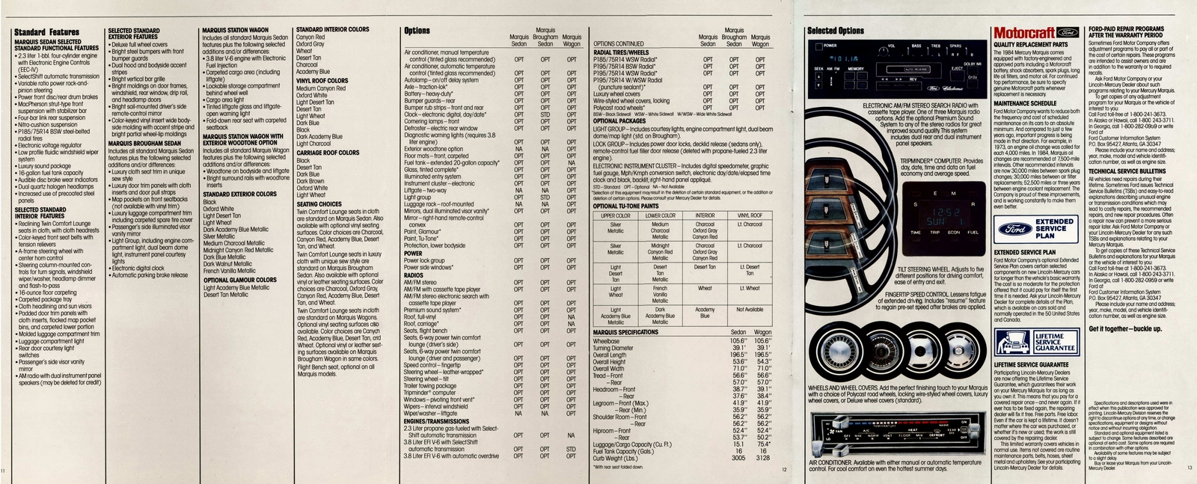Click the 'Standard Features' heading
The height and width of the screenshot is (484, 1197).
pos(46,32)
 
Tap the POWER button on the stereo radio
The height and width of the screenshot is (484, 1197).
pos(830,46)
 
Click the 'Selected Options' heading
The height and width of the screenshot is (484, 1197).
pos(836,31)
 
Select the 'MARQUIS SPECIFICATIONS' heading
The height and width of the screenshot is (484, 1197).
pos(625,332)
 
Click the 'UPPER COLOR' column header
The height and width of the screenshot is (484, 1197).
pos(616,215)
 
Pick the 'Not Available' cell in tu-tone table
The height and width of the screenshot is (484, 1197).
pos(750,309)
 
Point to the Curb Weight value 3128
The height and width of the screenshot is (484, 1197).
pos(762,458)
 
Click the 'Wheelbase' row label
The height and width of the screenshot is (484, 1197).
pos(606,341)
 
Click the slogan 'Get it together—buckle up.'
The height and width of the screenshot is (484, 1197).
pos(1125,329)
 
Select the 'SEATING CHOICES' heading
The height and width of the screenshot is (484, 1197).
pos(319,204)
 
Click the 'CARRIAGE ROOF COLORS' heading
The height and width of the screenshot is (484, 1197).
pos(328,153)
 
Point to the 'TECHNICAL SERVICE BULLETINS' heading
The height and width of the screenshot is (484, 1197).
pos(1128,171)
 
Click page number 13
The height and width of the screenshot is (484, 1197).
pos(1190,469)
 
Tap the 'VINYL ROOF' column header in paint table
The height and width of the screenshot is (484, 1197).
pos(750,215)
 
